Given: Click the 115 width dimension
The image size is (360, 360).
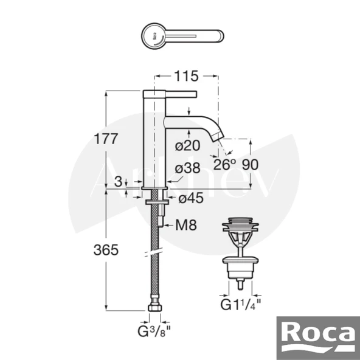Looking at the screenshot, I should point(186,76).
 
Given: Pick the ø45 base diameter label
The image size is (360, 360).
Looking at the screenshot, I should point(190,196).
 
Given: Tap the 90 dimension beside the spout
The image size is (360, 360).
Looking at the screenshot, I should point(250,165).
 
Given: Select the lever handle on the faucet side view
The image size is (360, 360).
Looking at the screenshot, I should point(181,94).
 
